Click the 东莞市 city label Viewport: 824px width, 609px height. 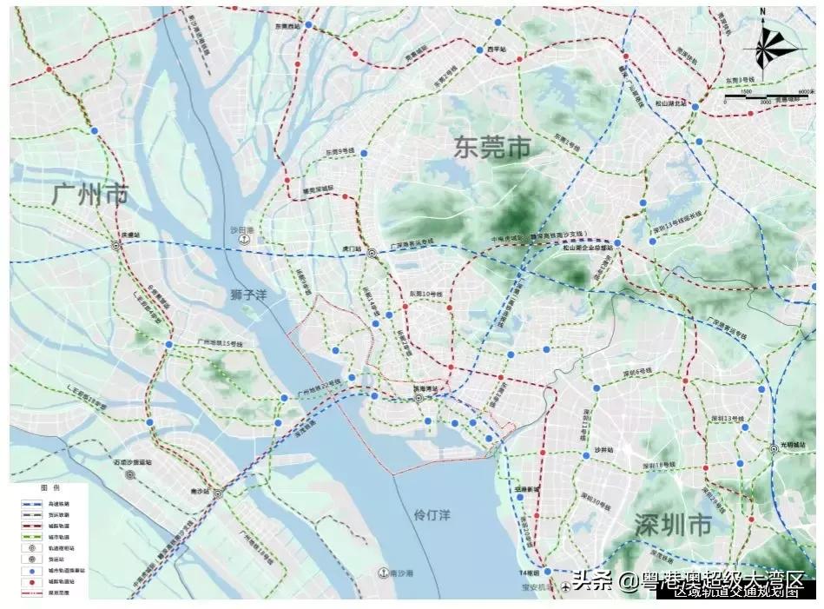click(491, 147)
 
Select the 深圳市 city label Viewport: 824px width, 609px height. click(674, 525)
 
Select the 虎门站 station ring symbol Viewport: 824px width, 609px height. click(372, 254)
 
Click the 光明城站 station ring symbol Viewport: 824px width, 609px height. click(774, 449)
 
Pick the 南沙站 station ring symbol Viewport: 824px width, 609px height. click(217, 493)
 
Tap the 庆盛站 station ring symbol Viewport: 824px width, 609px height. click(117, 246)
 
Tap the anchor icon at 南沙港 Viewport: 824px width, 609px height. click(381, 573)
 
